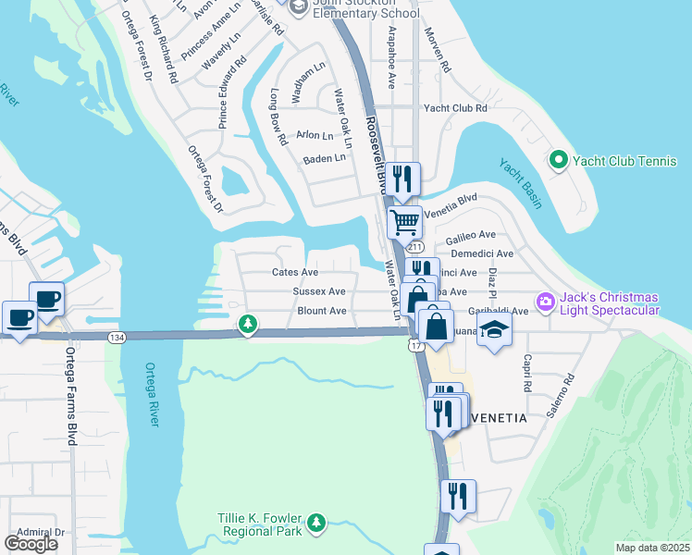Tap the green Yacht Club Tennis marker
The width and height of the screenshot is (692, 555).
tap(558, 161)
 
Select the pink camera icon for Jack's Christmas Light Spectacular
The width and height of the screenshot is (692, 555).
tap(545, 302)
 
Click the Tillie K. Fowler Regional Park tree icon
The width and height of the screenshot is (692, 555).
tap(316, 524)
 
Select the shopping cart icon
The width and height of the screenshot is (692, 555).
tap(404, 222)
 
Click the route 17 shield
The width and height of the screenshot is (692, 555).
tap(414, 345)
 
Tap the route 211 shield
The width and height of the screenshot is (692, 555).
tap(414, 248)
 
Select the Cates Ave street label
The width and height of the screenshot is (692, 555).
tap(294, 272)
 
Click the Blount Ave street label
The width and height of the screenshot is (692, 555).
tap(321, 311)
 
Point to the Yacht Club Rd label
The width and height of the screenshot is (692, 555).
tap(455, 108)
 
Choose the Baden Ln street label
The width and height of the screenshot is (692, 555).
tap(324, 158)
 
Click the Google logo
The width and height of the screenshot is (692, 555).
tap(31, 544)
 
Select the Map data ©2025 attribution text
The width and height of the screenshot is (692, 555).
tap(652, 548)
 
